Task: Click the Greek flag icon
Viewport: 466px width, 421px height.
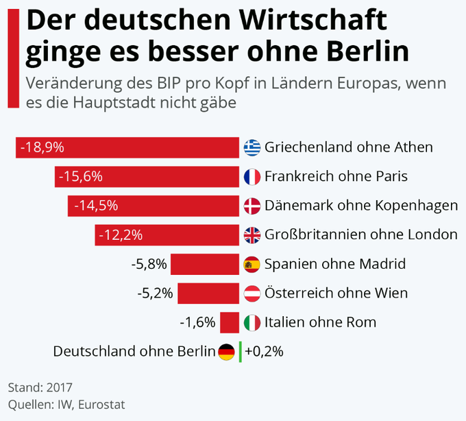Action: click(x=252, y=147)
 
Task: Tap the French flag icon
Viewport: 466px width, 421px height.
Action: click(x=252, y=177)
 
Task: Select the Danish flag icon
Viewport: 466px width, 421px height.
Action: click(x=252, y=206)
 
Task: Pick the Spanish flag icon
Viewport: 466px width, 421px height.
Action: click(x=252, y=264)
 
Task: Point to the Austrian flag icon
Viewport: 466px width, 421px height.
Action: click(x=252, y=293)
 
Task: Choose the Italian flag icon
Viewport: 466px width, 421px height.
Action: click(x=252, y=322)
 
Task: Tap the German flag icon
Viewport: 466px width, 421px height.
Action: click(x=226, y=352)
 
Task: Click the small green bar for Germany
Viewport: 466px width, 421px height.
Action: click(x=241, y=352)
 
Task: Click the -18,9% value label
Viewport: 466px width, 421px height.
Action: click(x=42, y=147)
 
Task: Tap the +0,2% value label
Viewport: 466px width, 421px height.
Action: click(x=264, y=352)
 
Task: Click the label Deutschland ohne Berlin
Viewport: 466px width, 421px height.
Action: click(x=134, y=352)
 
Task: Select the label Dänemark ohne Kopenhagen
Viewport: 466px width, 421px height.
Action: click(x=360, y=206)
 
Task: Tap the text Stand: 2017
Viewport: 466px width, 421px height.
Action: click(x=40, y=387)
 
